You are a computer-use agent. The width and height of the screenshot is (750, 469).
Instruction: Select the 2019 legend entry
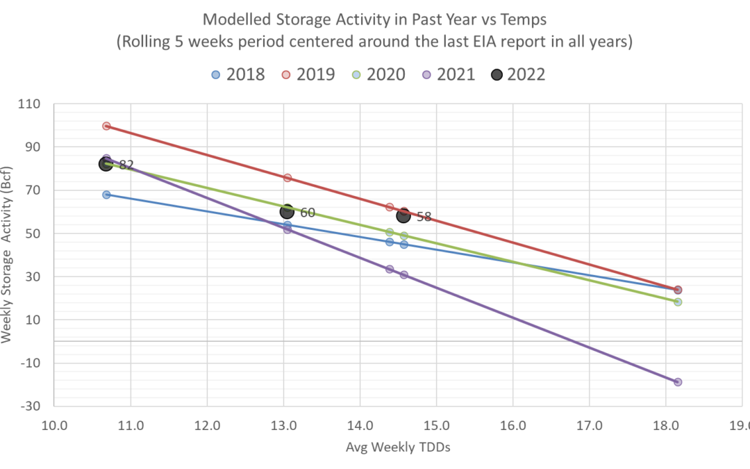click(x=308, y=74)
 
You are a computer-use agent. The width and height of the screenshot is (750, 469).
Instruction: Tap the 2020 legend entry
click(x=378, y=74)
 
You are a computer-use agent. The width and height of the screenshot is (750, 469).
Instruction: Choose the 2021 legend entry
click(x=448, y=74)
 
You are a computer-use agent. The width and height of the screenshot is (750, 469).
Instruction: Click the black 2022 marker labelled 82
click(x=106, y=164)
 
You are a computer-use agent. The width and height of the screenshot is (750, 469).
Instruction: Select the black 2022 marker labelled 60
click(x=287, y=211)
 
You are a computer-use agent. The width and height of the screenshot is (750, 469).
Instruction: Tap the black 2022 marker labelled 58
click(x=403, y=215)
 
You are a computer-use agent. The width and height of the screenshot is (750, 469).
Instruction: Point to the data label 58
click(x=424, y=217)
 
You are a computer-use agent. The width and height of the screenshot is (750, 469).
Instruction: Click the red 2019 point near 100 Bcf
click(x=106, y=126)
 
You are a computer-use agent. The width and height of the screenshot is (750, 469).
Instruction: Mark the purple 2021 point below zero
click(x=678, y=382)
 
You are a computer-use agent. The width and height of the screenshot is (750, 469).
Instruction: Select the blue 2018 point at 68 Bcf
click(x=106, y=195)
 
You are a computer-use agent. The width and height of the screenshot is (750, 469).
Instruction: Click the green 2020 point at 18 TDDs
click(x=678, y=302)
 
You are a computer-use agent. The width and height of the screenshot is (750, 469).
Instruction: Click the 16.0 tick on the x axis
click(x=512, y=425)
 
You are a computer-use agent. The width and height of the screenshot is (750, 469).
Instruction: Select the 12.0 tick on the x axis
click(x=207, y=425)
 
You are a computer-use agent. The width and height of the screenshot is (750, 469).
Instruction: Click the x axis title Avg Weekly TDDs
click(x=398, y=447)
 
